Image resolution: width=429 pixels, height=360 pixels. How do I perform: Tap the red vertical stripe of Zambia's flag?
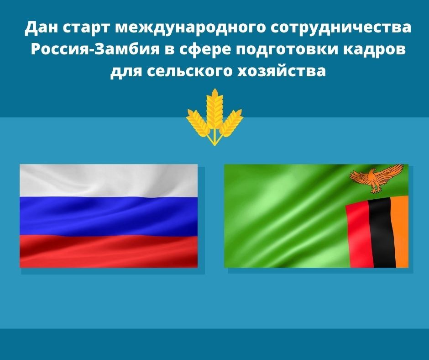[x=358, y=235]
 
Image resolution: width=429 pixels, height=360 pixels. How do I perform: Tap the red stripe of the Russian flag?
[x=108, y=250]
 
